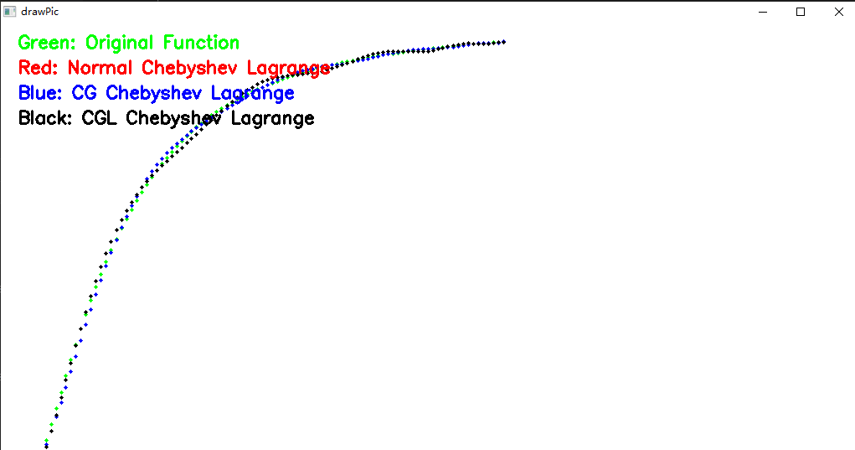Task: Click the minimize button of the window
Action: [x=763, y=12]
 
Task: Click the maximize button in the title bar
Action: [x=801, y=12]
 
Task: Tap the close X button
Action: [x=838, y=12]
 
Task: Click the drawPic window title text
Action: [x=40, y=12]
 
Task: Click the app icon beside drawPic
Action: [x=10, y=12]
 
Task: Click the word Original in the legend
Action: [x=120, y=43]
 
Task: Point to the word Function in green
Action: [x=201, y=43]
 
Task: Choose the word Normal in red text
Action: [x=100, y=68]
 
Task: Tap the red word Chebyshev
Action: [x=189, y=68]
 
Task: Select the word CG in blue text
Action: [x=84, y=93]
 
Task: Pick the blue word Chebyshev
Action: [x=153, y=93]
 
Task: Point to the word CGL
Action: [x=100, y=118]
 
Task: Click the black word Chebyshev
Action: [x=173, y=118]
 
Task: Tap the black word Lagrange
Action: [x=273, y=119]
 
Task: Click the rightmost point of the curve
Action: [x=504, y=42]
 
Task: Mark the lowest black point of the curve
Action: [x=46, y=447]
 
